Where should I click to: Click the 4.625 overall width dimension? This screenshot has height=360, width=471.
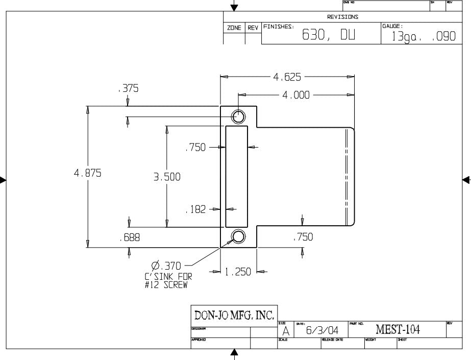tap(287, 77)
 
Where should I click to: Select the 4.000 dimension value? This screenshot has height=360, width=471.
tap(296, 95)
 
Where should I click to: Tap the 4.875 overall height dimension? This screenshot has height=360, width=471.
tap(88, 173)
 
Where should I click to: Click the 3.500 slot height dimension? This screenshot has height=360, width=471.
tap(167, 177)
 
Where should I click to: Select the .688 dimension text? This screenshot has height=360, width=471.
tap(129, 237)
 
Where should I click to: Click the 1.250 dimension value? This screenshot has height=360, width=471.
tap(238, 272)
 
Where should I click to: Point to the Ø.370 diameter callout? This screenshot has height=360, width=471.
tap(167, 266)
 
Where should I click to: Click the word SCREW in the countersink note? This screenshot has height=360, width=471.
tap(175, 285)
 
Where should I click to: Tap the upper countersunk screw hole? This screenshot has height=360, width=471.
tap(238, 116)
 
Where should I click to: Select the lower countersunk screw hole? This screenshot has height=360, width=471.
tap(238, 236)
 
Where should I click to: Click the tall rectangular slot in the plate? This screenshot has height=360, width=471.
tap(237, 176)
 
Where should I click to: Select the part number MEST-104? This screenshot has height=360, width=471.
tap(398, 330)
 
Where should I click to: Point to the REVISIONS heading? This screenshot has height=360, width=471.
tap(342, 17)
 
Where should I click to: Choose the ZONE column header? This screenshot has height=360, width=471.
tap(234, 29)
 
